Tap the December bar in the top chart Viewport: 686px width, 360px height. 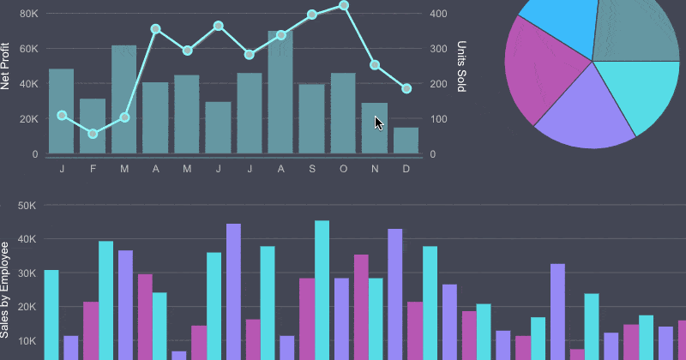[x=406, y=141]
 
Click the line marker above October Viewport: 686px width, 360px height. [x=344, y=5]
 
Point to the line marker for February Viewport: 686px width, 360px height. [x=93, y=134]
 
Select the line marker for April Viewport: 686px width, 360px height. [x=155, y=29]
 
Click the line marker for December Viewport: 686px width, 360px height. [x=406, y=88]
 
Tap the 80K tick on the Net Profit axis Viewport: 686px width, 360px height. [x=28, y=14]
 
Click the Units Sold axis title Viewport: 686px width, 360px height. [x=461, y=67]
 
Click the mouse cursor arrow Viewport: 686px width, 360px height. [x=378, y=123]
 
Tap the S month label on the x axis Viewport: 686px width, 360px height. [x=312, y=169]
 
